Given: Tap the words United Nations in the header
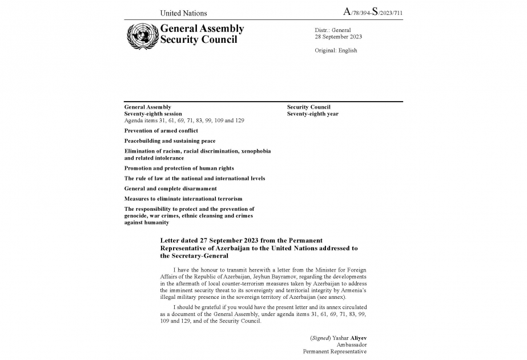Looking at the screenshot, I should click(183, 13).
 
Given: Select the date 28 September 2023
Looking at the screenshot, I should click(338, 37).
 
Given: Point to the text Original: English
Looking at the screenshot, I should click(336, 50).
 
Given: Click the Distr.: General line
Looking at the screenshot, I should click(333, 30).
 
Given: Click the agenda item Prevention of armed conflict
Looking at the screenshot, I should click(161, 131).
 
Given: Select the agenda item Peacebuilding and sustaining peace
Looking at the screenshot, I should click(170, 141).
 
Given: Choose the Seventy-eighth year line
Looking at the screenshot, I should click(312, 114).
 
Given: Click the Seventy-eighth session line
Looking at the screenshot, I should click(153, 114).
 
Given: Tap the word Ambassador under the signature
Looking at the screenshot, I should click(352, 345).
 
